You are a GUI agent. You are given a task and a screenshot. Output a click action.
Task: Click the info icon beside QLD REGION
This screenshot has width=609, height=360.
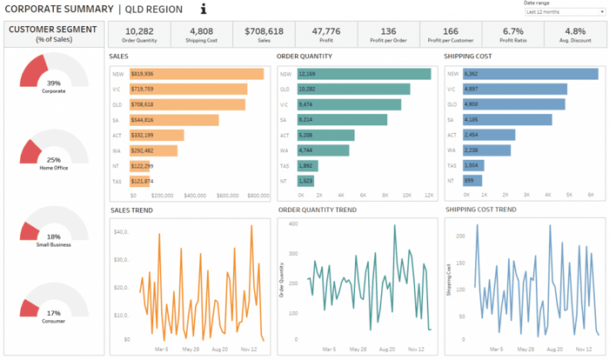coord(204,10)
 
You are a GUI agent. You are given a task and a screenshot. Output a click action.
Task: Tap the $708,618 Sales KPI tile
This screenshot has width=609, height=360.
coord(258,34)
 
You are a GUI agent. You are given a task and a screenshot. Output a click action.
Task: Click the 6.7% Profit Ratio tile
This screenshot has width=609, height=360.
coord(512,34)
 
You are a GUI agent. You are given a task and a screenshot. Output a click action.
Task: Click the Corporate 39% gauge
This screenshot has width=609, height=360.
coord(54,74)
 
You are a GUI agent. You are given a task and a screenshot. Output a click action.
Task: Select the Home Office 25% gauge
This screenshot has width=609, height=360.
coord(54,150)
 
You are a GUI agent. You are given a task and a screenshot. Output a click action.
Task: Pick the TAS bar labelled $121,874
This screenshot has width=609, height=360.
coord(141,181)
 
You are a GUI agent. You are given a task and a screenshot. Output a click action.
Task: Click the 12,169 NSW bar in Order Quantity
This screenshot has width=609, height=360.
coord(365,74)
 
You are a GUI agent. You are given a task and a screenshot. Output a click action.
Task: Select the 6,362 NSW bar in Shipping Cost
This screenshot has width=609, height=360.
coord(531,74)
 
